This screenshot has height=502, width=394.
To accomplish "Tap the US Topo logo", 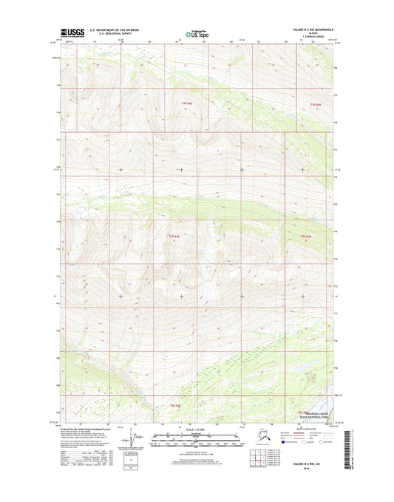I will pos(196,33).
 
